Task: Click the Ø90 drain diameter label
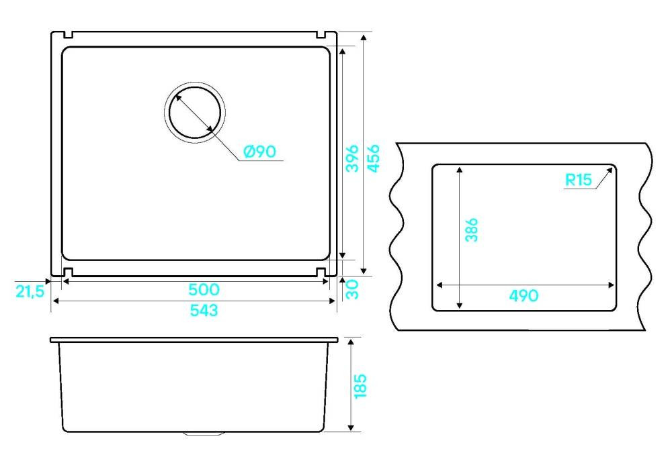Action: click(x=259, y=152)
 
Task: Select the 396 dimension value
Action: click(x=352, y=158)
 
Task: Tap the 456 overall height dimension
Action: click(x=373, y=158)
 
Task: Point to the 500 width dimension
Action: click(x=204, y=290)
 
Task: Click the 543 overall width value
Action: click(x=204, y=310)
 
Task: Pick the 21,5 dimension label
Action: click(x=30, y=291)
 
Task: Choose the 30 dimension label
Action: click(x=352, y=289)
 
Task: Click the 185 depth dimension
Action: click(x=360, y=386)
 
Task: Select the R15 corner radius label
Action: click(x=579, y=180)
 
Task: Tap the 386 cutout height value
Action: click(x=472, y=229)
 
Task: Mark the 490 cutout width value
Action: click(x=523, y=295)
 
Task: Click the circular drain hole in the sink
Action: click(x=195, y=112)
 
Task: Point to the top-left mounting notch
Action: click(x=68, y=34)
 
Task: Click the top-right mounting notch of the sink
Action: click(x=321, y=34)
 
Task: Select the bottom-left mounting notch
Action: click(x=68, y=272)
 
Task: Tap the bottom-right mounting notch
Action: click(x=321, y=272)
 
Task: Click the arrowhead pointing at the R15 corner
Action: click(x=610, y=171)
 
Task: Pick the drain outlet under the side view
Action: click(x=204, y=433)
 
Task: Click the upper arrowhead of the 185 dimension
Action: click(x=351, y=342)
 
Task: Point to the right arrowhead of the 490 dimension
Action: click(x=611, y=285)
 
